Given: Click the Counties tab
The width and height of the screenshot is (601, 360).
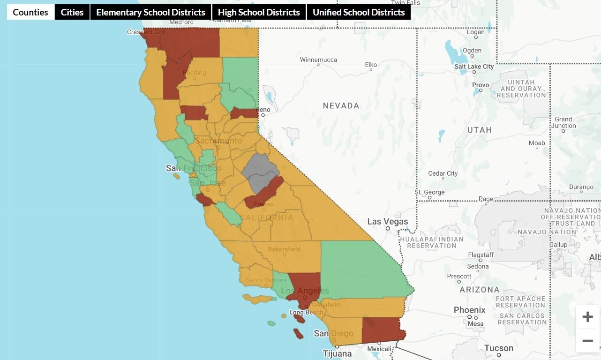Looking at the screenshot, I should coord(30,12).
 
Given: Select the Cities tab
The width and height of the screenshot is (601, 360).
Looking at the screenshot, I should coord(72,12).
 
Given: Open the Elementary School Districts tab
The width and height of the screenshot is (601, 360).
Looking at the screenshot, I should coord(150,12).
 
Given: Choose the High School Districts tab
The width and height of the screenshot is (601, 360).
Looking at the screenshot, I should coord(259,12).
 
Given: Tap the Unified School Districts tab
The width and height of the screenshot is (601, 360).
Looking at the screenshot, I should coord(359,12).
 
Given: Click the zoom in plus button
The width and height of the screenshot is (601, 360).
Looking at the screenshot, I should coord(587,317).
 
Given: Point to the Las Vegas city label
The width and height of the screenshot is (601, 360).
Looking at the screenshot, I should coord(387,222).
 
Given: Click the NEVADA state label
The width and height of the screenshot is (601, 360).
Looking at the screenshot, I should coord(341,106).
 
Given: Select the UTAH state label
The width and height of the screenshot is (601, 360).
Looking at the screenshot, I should coord(479,130).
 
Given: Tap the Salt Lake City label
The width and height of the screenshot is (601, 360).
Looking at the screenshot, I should coord(474,67).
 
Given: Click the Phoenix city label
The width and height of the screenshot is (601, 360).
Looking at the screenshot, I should coord(469,310).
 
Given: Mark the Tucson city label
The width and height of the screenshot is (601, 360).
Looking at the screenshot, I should coord(498,348).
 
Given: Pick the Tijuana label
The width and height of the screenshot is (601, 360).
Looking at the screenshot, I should coord(337,353).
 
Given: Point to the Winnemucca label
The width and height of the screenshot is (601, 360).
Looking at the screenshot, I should coord(318,60).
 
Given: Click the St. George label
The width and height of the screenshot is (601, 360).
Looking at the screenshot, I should coord(429,192).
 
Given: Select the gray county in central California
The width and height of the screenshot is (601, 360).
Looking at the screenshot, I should coord(260,171).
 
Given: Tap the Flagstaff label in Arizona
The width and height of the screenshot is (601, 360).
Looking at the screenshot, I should coord(481,255).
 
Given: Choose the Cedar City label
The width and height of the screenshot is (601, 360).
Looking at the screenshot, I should coord(443,173).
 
